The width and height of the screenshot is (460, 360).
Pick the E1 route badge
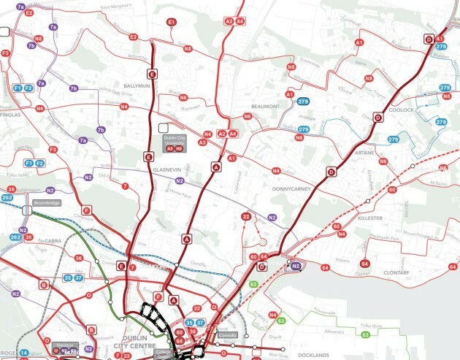[x=172, y=23]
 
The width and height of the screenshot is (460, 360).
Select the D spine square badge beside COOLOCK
[x=377, y=117]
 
